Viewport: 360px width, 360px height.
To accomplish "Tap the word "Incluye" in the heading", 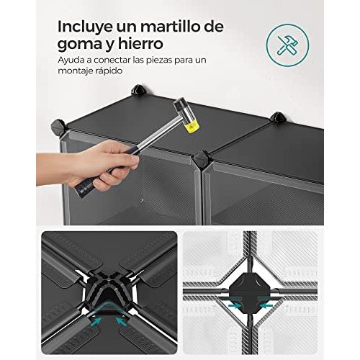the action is coord(85,27).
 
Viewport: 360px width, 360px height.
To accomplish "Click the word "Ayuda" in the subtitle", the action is coord(71,60).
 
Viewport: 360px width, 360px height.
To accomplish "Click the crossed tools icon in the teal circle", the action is coord(287,45).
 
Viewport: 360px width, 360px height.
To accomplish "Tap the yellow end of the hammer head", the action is coord(189,125).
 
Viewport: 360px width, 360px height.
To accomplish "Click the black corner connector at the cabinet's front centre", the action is coord(202,160).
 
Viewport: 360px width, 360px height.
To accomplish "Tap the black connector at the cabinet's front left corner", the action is coord(59,127).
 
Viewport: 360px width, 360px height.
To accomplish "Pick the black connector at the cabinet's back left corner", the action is coord(139,90).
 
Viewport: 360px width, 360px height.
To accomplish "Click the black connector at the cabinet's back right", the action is coord(279,117).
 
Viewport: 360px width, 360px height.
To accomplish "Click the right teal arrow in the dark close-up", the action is coord(122,321).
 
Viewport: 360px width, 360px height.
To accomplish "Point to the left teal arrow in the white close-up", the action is coord(235,306).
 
